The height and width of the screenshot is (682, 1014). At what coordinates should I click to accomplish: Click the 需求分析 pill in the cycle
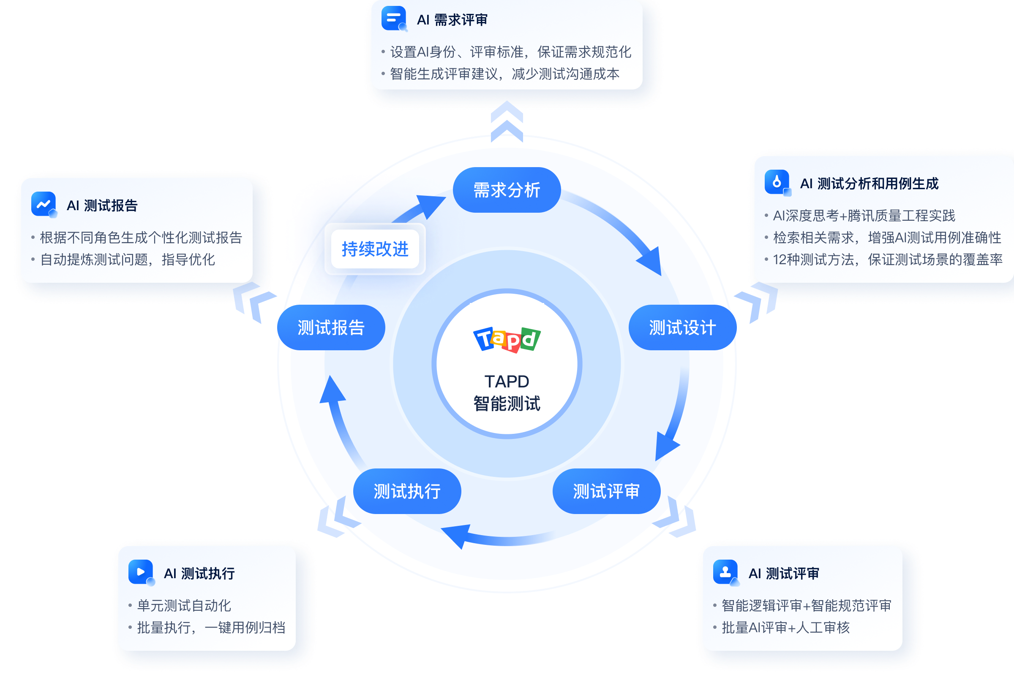pos(506,190)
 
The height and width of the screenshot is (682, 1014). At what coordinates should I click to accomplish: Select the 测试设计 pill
pos(682,327)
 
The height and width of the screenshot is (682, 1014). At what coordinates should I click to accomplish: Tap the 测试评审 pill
pos(606,491)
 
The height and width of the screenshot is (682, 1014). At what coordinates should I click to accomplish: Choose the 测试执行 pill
pos(407,491)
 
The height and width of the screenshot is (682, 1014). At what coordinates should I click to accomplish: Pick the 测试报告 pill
pos(331,327)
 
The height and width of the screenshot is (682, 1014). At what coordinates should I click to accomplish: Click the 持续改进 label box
pos(375,249)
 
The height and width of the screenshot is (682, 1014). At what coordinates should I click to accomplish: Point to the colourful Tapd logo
pos(507,339)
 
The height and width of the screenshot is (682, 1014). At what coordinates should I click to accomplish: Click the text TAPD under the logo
pos(507,382)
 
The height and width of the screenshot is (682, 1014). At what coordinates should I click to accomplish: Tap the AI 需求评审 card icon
pos(394,18)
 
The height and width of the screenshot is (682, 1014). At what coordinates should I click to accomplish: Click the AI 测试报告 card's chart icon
pos(44,204)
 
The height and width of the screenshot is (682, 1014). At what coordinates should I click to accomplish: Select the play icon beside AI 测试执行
pos(141,572)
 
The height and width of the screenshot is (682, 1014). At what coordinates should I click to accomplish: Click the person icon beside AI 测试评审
pos(725,572)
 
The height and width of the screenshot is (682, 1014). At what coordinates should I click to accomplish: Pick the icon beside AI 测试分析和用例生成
pos(777,182)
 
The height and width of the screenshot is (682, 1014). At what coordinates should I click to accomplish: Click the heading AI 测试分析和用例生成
pos(869,184)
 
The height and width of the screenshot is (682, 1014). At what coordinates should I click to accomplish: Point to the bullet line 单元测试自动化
pos(184,606)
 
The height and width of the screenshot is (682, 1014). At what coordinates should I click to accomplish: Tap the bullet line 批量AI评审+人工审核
pos(785,627)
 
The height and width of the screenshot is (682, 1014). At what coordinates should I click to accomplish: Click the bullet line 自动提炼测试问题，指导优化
pos(127,260)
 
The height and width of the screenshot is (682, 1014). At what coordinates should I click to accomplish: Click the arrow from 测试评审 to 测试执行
pos(496,537)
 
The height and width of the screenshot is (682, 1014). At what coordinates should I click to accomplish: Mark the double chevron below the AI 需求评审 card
pos(507,122)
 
